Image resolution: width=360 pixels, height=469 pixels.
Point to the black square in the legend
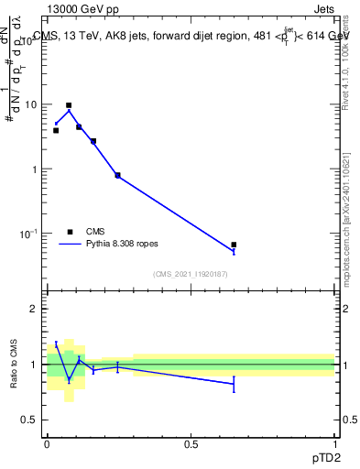70,233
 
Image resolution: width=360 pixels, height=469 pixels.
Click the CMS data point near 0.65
234,245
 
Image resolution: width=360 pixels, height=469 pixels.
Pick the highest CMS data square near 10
69,105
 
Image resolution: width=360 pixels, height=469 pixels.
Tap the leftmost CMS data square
56,130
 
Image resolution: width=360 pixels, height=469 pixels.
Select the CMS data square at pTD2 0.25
117,175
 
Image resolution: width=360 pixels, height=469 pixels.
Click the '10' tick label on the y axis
31,104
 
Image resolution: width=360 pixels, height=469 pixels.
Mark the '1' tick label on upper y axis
35,169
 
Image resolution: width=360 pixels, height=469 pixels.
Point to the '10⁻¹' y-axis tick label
29,234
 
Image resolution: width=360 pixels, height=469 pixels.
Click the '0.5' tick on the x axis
191,443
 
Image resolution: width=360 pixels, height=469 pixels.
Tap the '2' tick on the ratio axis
35,309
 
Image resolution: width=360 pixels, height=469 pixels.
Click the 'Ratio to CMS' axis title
14,364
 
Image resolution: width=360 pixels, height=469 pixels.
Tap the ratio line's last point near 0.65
234,384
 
